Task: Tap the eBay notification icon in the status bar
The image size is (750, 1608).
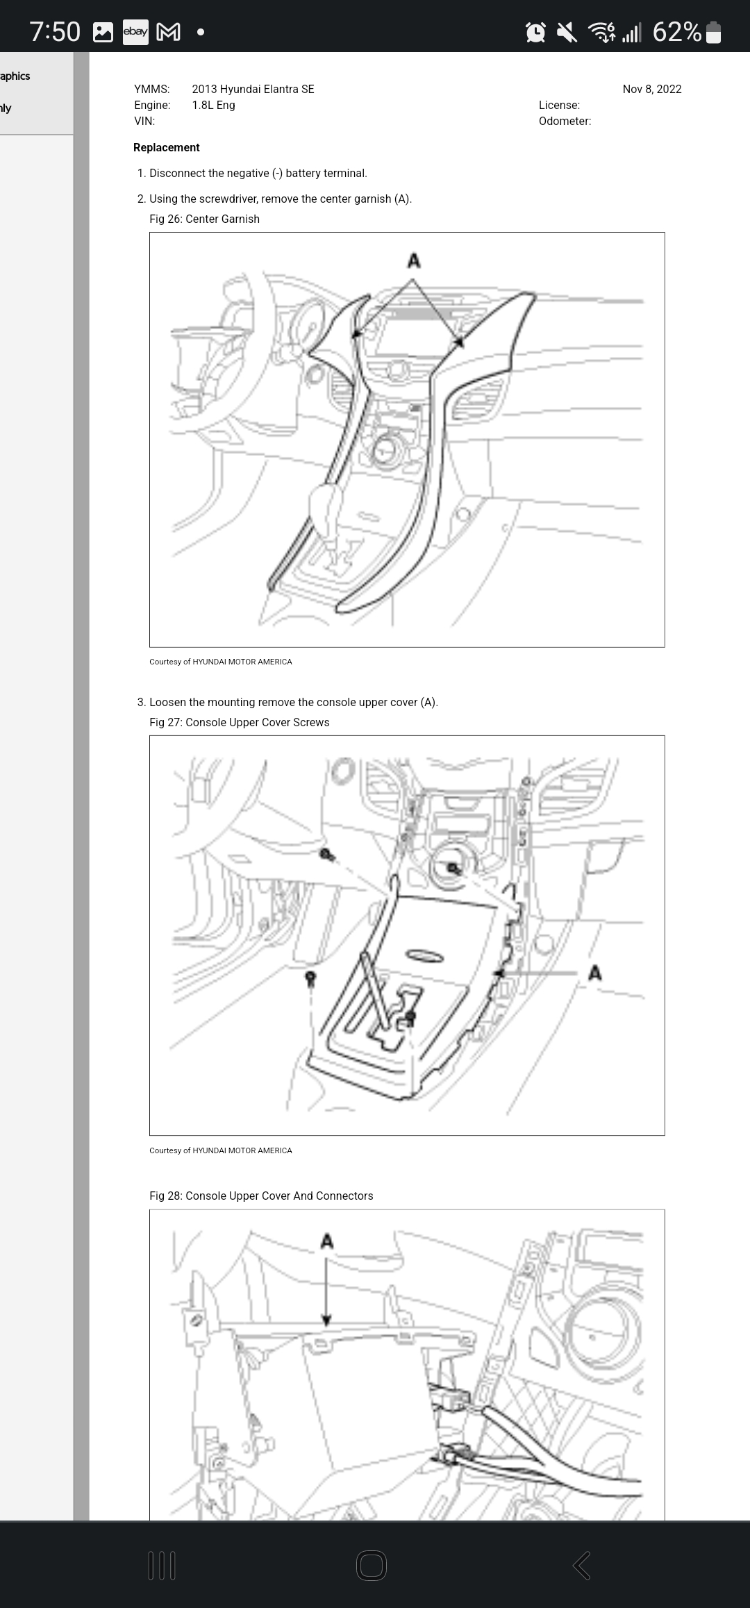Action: click(135, 32)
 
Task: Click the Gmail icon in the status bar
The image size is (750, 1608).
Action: click(169, 32)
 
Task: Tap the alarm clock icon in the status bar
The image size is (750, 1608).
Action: click(536, 32)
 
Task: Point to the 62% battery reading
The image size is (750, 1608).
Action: click(677, 32)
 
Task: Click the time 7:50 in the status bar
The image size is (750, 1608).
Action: click(55, 32)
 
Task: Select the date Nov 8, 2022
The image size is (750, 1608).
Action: click(651, 89)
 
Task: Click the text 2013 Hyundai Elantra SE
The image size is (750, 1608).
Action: click(253, 89)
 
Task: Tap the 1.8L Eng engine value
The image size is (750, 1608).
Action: click(213, 105)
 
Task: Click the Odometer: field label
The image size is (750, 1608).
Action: click(565, 121)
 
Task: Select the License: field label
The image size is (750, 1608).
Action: click(559, 105)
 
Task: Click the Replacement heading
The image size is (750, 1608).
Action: click(166, 147)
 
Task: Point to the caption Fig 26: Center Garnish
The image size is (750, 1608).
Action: click(204, 219)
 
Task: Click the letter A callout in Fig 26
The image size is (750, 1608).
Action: click(414, 261)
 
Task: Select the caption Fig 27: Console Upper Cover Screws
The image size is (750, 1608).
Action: click(239, 722)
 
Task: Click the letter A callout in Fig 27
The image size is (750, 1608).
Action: click(594, 973)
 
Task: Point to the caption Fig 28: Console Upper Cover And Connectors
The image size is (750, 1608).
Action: click(261, 1196)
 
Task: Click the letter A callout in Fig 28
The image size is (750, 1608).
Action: click(327, 1241)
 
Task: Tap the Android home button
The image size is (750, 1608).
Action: click(372, 1566)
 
